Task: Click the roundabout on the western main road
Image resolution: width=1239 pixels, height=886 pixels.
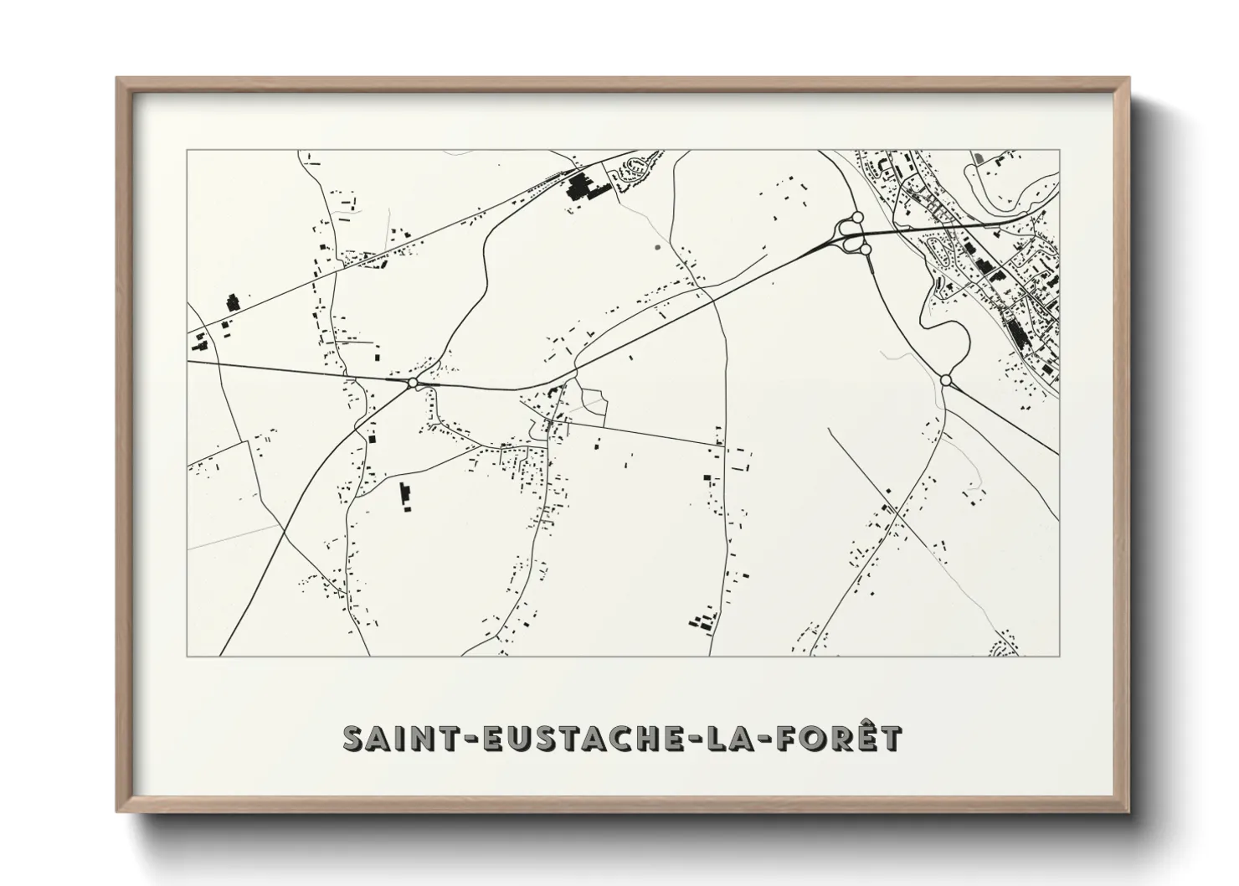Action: tap(412, 383)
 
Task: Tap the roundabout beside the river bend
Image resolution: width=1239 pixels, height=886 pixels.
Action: tap(946, 380)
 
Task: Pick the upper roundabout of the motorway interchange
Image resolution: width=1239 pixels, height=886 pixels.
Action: tap(856, 217)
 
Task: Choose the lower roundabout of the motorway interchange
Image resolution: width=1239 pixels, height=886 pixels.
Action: tap(856, 245)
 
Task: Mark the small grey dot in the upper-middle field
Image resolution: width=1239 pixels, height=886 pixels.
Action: tap(656, 247)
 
